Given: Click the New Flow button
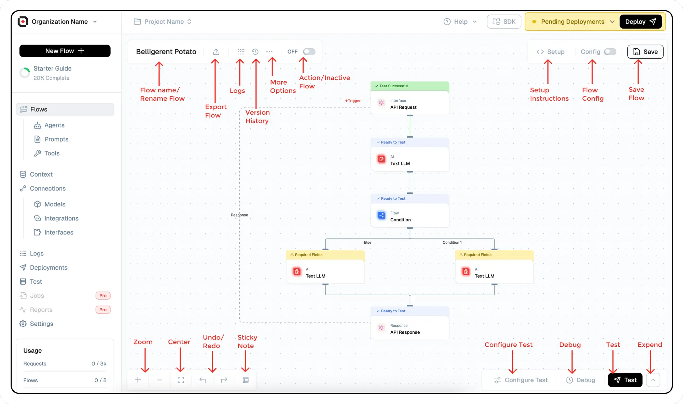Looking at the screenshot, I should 65,51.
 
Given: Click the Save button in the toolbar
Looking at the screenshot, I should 645,52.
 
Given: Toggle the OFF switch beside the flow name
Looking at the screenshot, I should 309,52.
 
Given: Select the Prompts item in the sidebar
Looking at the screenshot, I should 56,139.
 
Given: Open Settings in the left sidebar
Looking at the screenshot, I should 41,324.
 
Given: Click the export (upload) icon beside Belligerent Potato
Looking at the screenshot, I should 216,52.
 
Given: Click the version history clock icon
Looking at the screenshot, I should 255,52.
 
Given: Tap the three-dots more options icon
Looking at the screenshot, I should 269,52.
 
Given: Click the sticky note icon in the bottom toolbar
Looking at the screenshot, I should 246,380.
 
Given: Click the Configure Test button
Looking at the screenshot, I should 521,380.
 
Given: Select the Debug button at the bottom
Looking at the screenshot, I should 581,380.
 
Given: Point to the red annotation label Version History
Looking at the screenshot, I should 257,117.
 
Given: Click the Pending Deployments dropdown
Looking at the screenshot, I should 573,22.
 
